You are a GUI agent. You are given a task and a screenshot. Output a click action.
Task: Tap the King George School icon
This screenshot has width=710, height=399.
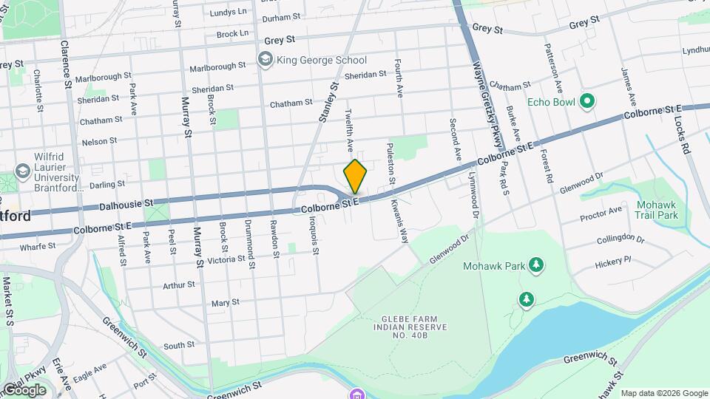tap(265, 60)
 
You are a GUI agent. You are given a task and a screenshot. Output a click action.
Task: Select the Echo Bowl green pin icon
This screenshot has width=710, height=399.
tap(587, 100)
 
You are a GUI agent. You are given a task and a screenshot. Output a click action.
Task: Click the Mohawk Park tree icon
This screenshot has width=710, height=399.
tap(536, 265)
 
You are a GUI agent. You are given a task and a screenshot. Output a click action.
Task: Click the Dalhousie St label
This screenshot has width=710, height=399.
tap(126, 202)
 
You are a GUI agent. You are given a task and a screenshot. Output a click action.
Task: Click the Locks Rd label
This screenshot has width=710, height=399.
tap(684, 134)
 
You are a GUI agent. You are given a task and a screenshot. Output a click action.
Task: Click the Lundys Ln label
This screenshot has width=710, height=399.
tap(228, 13)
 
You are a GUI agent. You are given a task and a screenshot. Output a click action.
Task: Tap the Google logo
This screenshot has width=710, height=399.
tap(24, 389)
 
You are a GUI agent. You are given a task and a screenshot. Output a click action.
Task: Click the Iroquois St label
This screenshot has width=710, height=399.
tap(314, 235)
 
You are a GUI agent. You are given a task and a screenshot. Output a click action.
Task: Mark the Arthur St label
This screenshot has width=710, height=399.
tap(179, 284)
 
